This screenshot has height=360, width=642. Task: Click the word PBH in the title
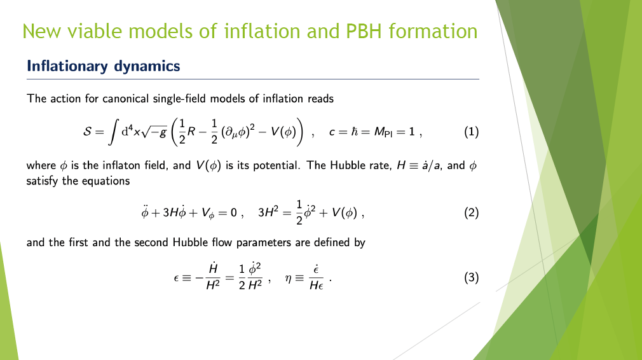click(x=364, y=32)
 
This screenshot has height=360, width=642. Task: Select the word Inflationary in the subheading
click(x=67, y=66)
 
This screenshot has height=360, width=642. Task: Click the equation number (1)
click(x=471, y=132)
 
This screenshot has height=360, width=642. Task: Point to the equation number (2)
click(x=471, y=213)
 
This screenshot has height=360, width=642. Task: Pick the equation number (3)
click(x=471, y=278)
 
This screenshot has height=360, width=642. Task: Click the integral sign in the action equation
click(x=113, y=132)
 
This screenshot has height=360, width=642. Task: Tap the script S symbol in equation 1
click(x=87, y=132)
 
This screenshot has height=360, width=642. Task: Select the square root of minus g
click(x=154, y=132)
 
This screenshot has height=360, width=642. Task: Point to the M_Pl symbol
click(x=383, y=132)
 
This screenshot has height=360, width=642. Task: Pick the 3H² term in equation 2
click(x=268, y=212)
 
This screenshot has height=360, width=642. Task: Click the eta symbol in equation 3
click(x=288, y=279)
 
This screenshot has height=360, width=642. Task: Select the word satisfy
click(x=42, y=181)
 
